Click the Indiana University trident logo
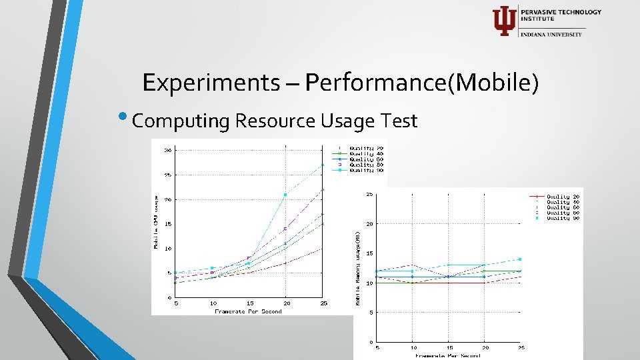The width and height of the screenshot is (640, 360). [x=503, y=21]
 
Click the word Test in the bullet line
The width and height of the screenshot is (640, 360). [x=400, y=121]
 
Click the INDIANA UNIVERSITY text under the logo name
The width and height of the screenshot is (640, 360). [x=551, y=35]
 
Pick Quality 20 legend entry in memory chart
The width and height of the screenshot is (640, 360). [x=558, y=197]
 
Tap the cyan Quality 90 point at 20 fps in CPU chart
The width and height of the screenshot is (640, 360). [x=285, y=195]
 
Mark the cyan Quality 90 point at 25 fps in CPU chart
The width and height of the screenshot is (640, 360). [x=323, y=165]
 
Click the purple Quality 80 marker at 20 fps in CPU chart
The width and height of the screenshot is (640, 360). [x=285, y=229]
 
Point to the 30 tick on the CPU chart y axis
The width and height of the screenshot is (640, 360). [x=169, y=150]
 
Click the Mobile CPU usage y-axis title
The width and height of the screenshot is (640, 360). [x=157, y=223]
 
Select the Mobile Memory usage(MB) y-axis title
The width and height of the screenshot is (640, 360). [x=359, y=269]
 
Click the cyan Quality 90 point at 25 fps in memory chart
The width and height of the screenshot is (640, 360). [x=519, y=259]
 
